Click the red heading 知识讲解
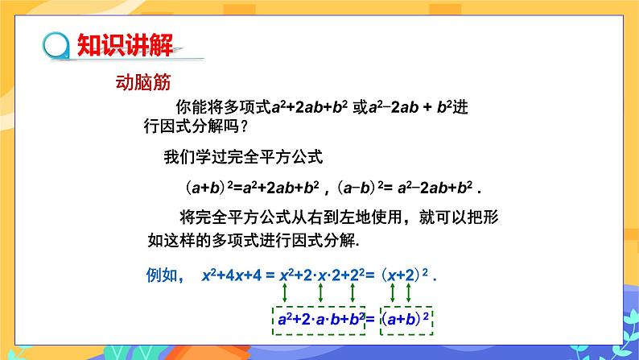[125, 44]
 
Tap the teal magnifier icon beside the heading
[56, 46]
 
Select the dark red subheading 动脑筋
[143, 82]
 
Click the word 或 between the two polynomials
[361, 107]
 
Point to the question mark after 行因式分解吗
[244, 126]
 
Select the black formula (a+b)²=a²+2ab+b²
[252, 188]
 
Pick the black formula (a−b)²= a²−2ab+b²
[405, 188]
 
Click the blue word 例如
[162, 275]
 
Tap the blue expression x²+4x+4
[232, 275]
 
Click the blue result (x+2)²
[404, 275]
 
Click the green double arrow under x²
[284, 292]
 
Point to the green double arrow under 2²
[352, 292]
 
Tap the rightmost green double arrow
[408, 292]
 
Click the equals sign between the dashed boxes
[370, 319]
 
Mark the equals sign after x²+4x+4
[270, 275]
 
